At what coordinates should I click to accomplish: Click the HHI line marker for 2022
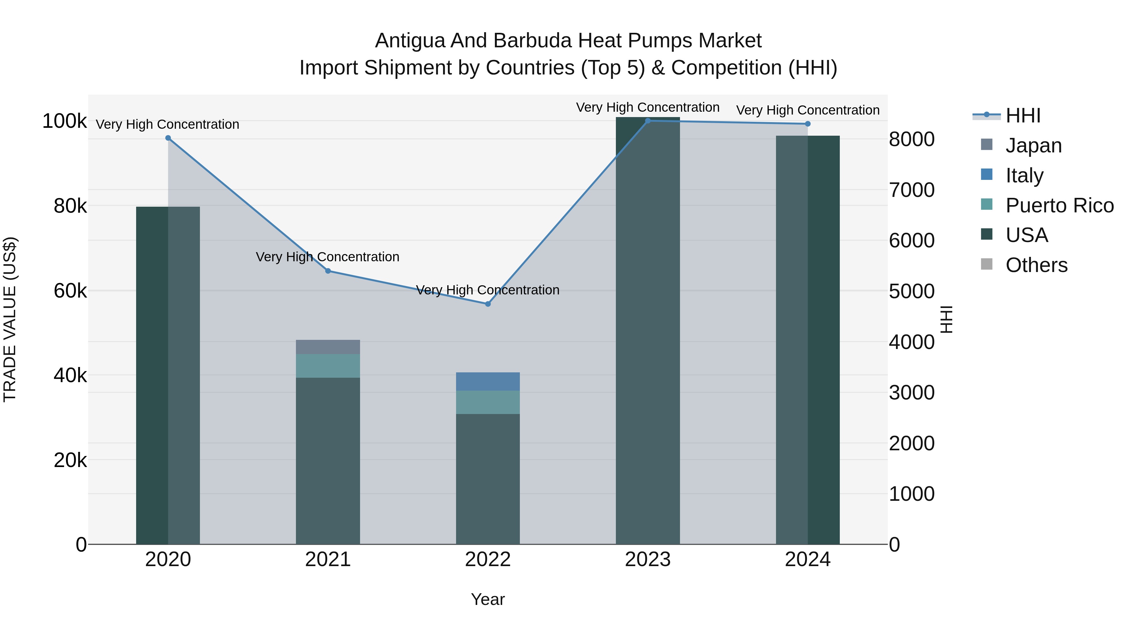[x=488, y=304]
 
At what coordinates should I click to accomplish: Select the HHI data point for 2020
[x=168, y=138]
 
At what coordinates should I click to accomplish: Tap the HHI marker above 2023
[x=647, y=121]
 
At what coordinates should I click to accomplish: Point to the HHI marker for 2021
[x=328, y=271]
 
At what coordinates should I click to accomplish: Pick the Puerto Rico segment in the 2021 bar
[x=328, y=366]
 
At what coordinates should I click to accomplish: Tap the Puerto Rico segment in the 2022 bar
[x=488, y=402]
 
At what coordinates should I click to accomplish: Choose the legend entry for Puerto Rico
[x=1059, y=205]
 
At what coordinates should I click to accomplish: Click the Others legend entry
[x=1036, y=265]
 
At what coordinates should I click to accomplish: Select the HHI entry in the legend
[x=1023, y=115]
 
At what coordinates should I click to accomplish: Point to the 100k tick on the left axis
[x=64, y=121]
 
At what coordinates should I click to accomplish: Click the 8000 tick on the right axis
[x=911, y=139]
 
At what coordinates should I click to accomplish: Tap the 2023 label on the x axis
[x=647, y=559]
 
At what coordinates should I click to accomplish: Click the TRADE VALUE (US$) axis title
[x=10, y=319]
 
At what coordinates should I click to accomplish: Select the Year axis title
[x=488, y=599]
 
